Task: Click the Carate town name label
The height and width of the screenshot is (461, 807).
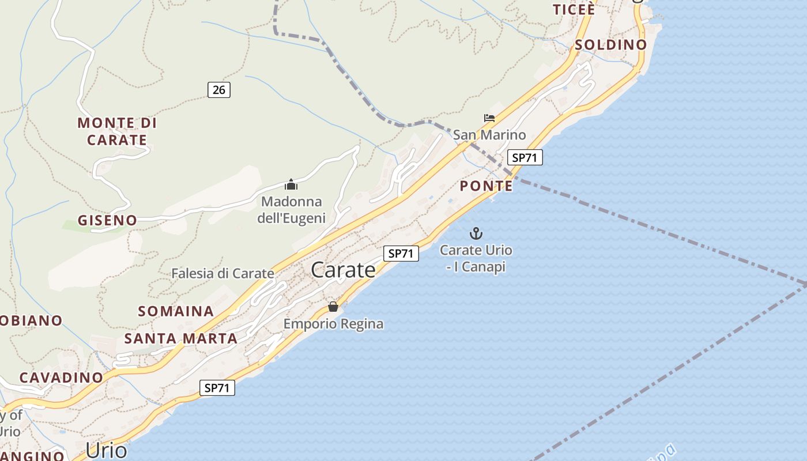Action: click(x=343, y=270)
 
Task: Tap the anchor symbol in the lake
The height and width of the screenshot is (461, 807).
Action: click(x=476, y=233)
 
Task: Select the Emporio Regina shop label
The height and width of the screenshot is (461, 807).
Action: click(x=333, y=324)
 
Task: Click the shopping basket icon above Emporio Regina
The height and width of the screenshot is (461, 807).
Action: click(x=333, y=307)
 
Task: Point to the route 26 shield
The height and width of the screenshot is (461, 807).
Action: click(x=219, y=89)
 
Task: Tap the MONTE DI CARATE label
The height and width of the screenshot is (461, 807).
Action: click(x=117, y=131)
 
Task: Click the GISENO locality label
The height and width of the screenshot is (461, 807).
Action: click(x=108, y=220)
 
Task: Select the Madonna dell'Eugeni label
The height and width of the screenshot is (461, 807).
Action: click(x=291, y=210)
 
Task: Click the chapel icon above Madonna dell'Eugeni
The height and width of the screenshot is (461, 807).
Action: click(x=291, y=185)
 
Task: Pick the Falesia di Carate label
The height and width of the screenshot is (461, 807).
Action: click(x=223, y=274)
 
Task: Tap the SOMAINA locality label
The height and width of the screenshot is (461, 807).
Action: click(x=176, y=311)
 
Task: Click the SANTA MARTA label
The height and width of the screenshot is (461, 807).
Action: click(x=181, y=338)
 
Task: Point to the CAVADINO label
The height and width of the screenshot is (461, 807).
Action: click(x=61, y=377)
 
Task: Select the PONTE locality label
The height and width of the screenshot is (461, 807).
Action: click(x=486, y=186)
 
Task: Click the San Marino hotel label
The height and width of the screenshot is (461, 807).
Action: click(x=489, y=135)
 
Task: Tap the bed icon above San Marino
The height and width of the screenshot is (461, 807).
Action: click(x=489, y=118)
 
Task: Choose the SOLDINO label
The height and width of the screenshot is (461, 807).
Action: click(x=611, y=44)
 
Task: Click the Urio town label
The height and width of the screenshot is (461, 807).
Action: click(x=106, y=450)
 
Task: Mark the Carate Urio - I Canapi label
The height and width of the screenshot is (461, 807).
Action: click(x=476, y=259)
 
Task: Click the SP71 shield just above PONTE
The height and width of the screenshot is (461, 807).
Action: click(x=525, y=157)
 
